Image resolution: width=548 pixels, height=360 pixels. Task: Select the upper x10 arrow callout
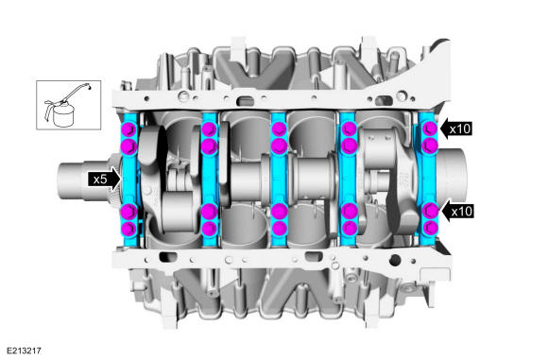[456, 129]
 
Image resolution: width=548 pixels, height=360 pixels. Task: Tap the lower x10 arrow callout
[458, 212]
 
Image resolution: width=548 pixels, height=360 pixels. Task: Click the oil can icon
[68, 105]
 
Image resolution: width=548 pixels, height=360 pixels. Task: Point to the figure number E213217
[24, 351]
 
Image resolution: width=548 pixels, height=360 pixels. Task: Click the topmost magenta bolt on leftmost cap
[128, 129]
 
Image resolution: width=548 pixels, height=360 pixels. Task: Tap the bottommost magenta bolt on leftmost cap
[128, 229]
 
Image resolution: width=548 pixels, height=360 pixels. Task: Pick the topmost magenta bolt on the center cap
[279, 129]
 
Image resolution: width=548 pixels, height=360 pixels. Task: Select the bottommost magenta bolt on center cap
[279, 229]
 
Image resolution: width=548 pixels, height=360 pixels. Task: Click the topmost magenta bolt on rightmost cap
[430, 129]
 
